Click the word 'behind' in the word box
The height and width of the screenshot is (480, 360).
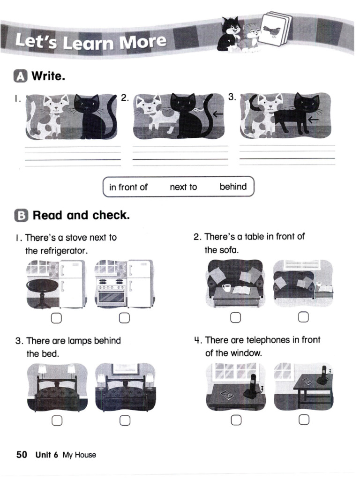[x=233, y=187]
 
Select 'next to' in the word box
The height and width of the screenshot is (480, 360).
[x=183, y=187]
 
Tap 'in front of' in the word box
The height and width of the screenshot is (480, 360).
[x=128, y=187]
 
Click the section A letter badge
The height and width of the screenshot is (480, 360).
[x=21, y=76]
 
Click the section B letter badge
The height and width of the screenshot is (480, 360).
[x=21, y=216]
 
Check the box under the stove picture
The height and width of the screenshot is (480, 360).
[x=124, y=319]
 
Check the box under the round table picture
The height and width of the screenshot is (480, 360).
[x=56, y=319]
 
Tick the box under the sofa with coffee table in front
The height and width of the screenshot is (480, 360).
[x=236, y=318]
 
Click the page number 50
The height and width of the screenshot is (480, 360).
[x=22, y=455]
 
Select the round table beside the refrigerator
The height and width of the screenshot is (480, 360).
[x=43, y=289]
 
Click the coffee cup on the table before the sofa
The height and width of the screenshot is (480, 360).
[x=227, y=287]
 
